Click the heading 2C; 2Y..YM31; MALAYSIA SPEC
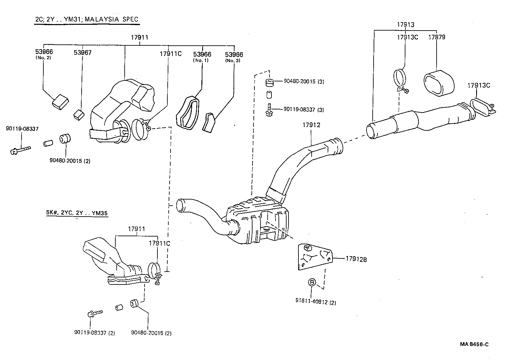point(87,19)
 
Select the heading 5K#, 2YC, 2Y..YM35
point(77,212)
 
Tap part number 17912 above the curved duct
point(311,125)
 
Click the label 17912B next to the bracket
point(356,258)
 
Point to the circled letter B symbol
point(312,282)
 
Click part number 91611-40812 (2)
point(315,302)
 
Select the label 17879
point(437,37)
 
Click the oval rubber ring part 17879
point(439,83)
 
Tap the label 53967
point(83,52)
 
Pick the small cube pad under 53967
point(79,115)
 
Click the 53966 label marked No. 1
point(202,54)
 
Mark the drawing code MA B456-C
point(474,344)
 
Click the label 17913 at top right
point(405,24)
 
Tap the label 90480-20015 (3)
point(304,81)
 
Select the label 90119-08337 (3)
point(304,110)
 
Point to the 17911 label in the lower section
point(137,229)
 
